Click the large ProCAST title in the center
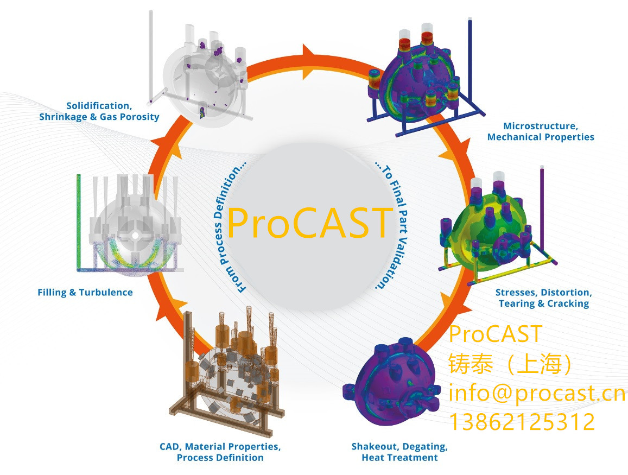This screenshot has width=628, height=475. pos(309,223)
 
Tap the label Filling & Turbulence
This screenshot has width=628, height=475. pos(85,293)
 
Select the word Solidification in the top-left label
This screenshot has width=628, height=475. pos(98,106)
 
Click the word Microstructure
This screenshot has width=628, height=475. pos(540,126)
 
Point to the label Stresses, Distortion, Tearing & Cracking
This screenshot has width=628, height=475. pos(543,298)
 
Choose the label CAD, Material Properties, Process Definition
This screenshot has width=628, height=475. pos(220,452)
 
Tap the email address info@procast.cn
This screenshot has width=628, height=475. pos(537,393)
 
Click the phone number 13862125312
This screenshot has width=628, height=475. pos(522,422)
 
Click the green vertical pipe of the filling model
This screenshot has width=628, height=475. pos(79,222)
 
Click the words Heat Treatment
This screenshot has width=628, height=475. pos(399,458)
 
